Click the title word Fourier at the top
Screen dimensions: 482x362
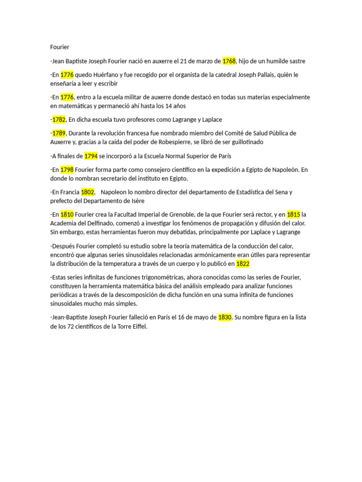click(x=60, y=47)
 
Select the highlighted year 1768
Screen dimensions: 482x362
click(x=229, y=61)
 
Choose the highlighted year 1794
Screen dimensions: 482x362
click(x=90, y=156)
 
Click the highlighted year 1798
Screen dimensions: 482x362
click(x=67, y=169)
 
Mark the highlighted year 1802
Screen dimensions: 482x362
click(x=88, y=192)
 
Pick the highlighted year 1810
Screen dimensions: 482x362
click(x=67, y=215)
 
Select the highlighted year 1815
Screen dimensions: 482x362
click(x=293, y=215)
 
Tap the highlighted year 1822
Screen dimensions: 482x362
click(x=243, y=264)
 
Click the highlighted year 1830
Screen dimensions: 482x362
click(x=225, y=317)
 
